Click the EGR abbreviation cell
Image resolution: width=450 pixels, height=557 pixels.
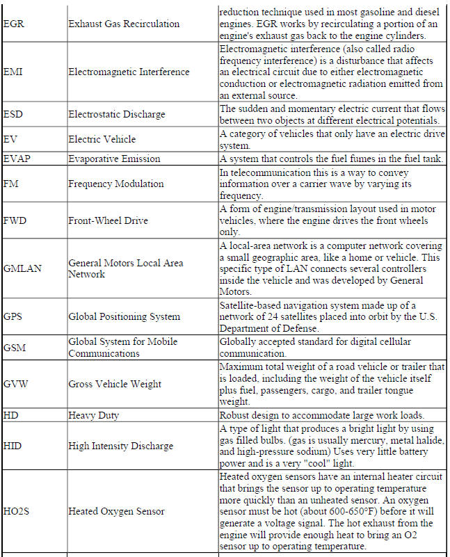coord(13,24)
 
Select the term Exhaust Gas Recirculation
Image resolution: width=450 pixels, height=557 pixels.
coord(123,24)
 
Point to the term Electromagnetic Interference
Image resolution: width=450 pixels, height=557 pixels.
coord(129,72)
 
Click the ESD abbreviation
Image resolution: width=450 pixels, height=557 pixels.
coord(13,113)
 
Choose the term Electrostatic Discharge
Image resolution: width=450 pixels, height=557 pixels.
coord(116,113)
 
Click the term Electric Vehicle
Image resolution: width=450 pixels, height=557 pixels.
coord(102,139)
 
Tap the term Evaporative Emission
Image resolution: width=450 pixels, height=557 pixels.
coord(114,159)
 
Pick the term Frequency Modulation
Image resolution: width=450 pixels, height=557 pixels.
coord(115,184)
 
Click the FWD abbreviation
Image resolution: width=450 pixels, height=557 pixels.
coord(15,221)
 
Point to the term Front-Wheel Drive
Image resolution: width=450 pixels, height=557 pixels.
coord(108,221)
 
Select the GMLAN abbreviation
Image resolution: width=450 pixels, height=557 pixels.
coord(21,268)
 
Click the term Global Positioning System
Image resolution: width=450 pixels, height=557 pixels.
coord(124,317)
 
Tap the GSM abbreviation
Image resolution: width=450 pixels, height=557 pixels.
coord(14,348)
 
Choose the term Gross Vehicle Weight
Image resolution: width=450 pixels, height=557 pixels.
coord(115,384)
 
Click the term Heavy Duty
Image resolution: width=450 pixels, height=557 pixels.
coord(93,415)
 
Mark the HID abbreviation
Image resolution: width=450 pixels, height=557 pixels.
coord(13,446)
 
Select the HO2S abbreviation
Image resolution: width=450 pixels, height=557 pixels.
coord(16,511)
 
